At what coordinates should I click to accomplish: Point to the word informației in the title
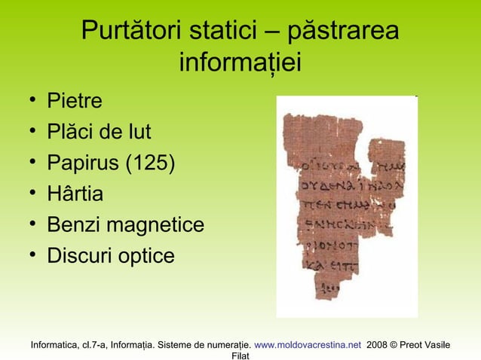(x=240, y=63)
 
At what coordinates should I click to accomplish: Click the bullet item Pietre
(x=75, y=101)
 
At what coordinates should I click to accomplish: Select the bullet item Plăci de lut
(x=99, y=133)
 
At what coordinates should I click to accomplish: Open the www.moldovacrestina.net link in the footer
(x=308, y=345)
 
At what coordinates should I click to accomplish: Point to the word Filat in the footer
(x=240, y=355)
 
